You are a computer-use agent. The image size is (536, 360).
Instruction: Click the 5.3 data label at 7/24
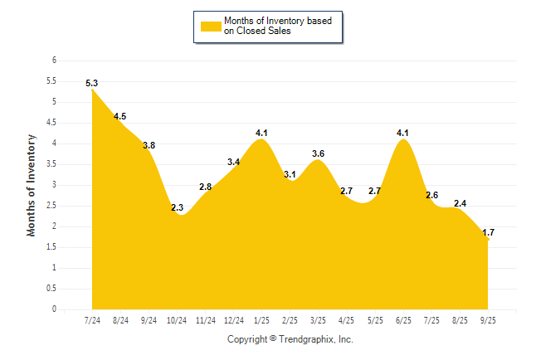point(92,83)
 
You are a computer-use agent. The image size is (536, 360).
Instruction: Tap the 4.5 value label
point(120,116)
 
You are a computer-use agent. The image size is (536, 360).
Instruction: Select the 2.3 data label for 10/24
point(178,207)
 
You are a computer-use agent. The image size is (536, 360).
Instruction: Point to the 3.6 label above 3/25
point(318,153)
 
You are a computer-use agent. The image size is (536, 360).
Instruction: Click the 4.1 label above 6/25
point(403,133)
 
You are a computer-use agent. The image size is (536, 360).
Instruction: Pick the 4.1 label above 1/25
point(262,133)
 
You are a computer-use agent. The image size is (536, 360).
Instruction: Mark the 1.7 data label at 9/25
point(488,233)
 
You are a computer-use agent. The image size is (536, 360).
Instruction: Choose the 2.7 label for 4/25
point(347,191)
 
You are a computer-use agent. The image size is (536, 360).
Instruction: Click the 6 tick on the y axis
point(54,61)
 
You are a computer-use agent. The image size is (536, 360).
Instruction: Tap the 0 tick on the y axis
point(54,309)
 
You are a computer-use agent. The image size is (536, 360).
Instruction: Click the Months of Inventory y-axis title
point(32,185)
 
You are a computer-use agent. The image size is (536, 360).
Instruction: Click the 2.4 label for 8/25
point(460,203)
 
